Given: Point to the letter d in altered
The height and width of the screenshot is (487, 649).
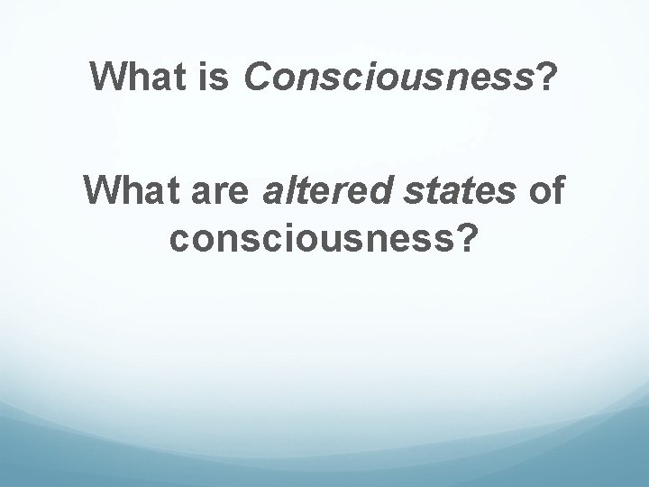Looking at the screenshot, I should coord(365,191).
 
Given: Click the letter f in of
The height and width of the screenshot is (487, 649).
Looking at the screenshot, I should coord(554,191).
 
